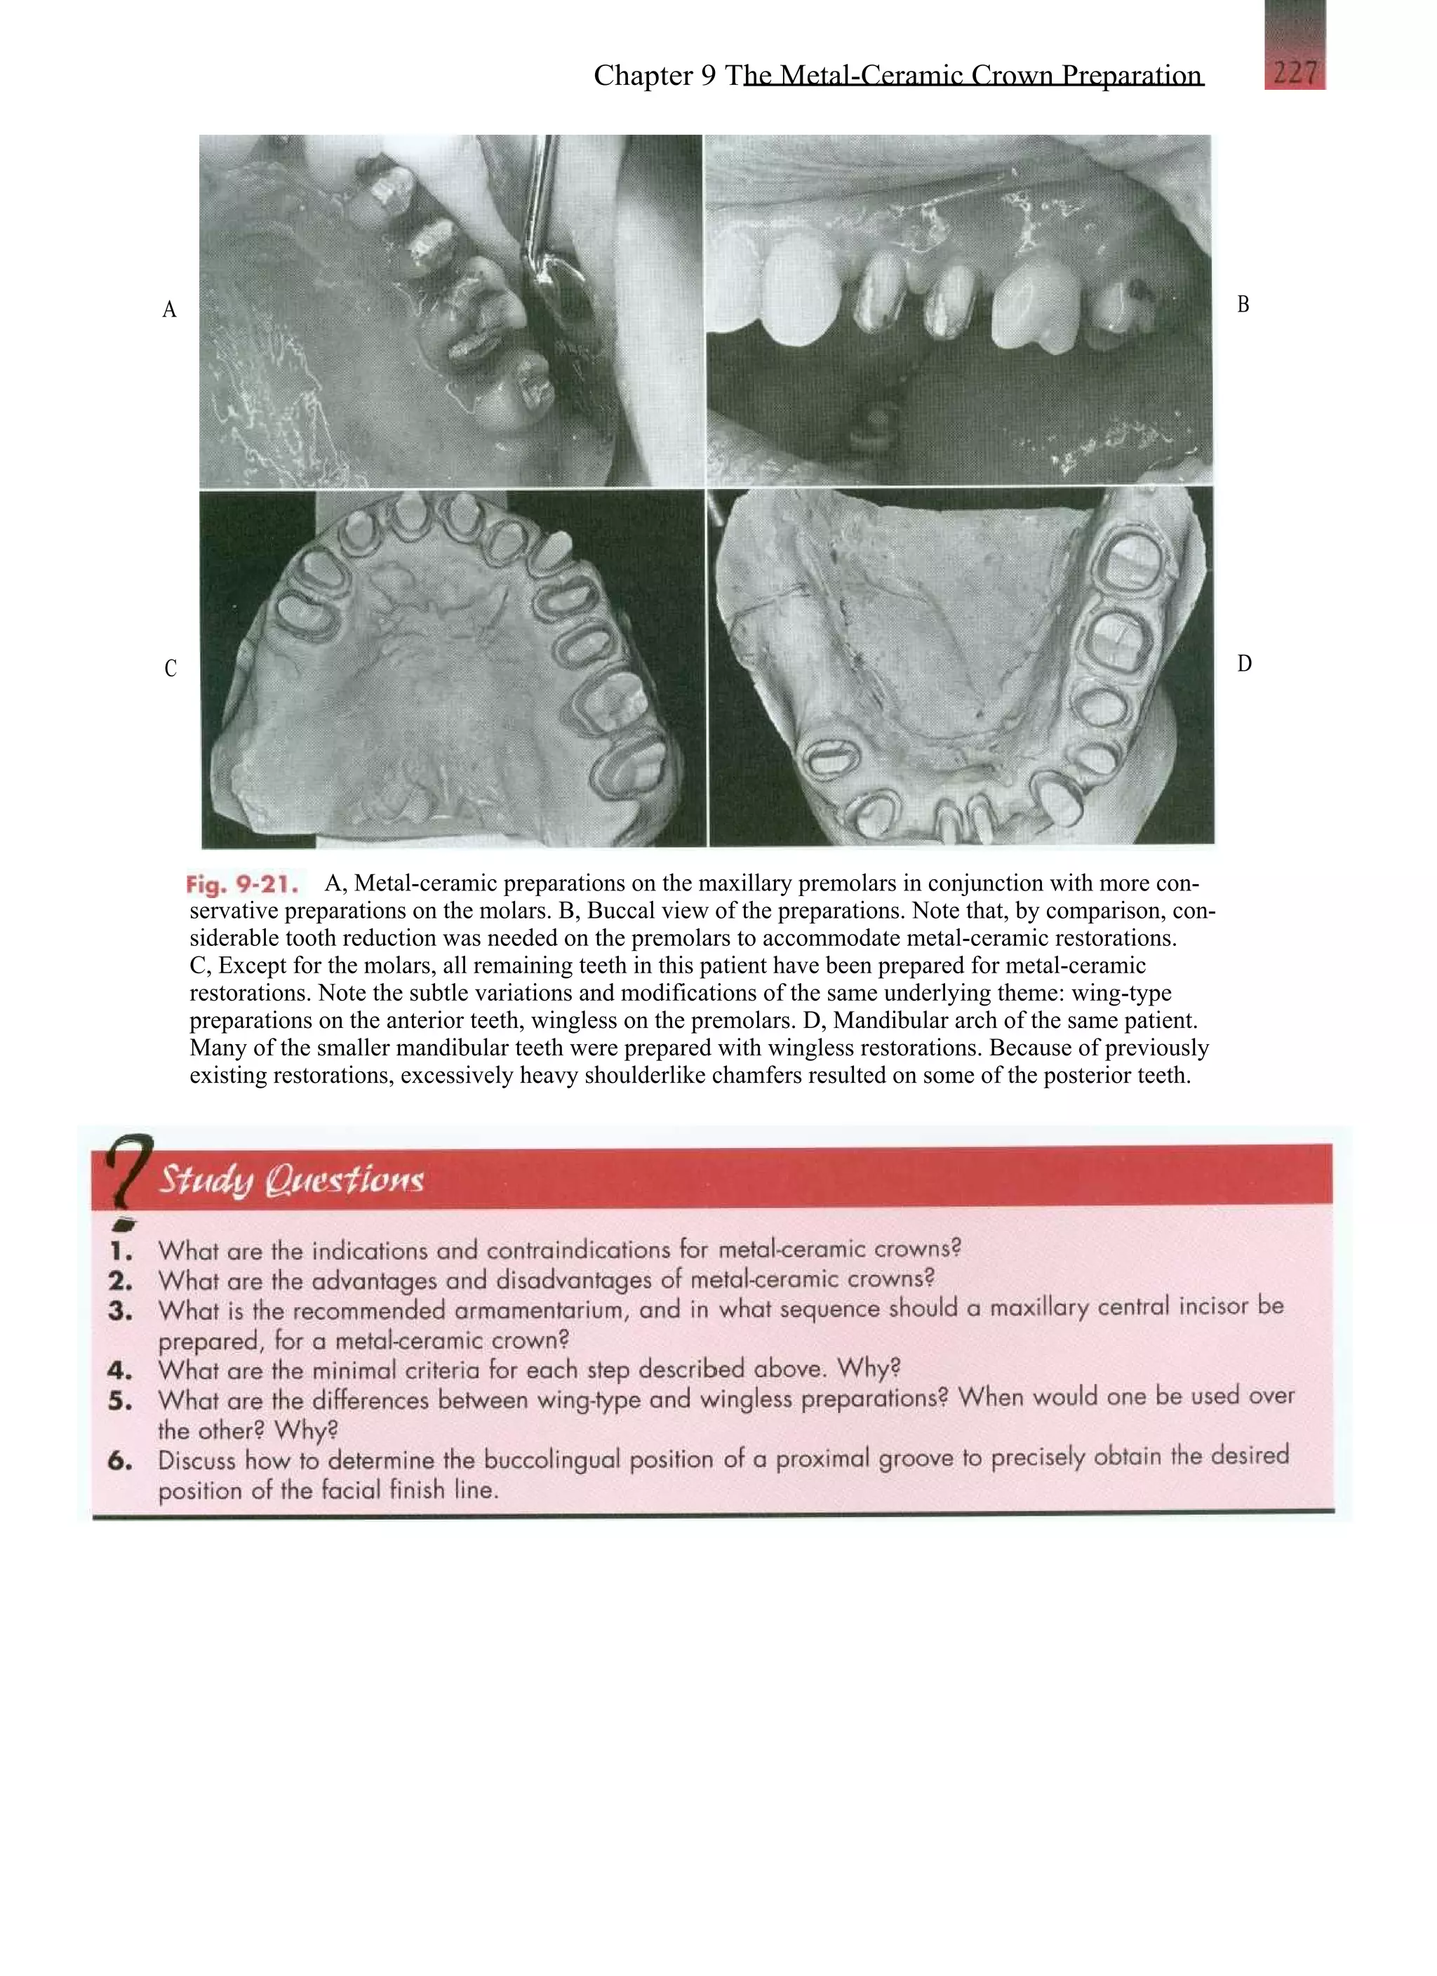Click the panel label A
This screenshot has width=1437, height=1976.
pyautogui.click(x=169, y=309)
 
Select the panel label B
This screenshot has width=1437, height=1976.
pyautogui.click(x=1243, y=304)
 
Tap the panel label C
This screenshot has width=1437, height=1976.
pyautogui.click(x=170, y=668)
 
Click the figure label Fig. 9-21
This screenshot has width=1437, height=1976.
pyautogui.click(x=241, y=885)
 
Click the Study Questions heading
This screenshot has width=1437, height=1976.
pyautogui.click(x=290, y=1180)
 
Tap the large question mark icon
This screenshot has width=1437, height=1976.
pyautogui.click(x=127, y=1171)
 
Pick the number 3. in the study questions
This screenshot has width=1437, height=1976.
pyautogui.click(x=120, y=1311)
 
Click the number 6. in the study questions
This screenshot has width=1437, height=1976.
pyautogui.click(x=120, y=1461)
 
